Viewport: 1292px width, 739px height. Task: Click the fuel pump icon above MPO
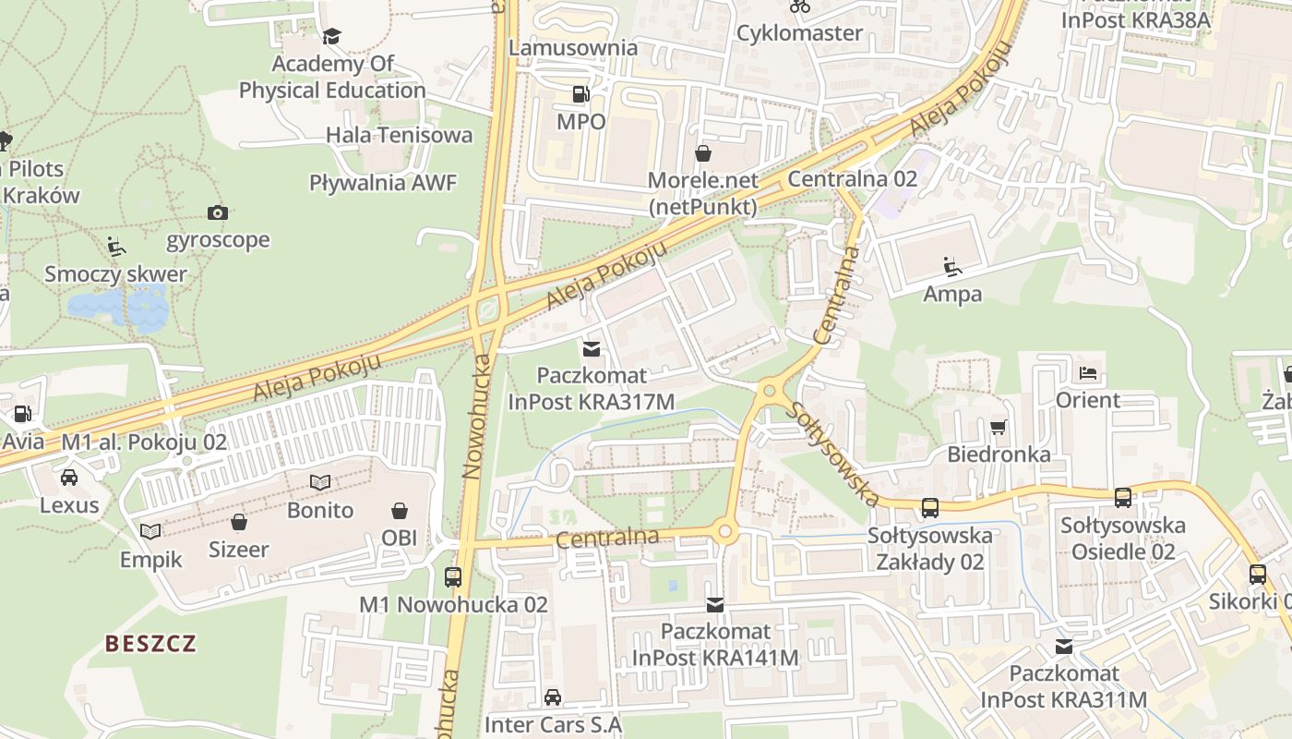coord(580,93)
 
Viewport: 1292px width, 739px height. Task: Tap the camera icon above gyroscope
coord(218,213)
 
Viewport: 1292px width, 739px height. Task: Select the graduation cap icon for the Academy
coord(331,36)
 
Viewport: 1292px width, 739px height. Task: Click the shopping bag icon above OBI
coord(400,511)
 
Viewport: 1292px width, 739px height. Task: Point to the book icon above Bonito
coord(320,482)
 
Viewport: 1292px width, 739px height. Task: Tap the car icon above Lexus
coord(69,478)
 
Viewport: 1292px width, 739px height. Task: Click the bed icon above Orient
coord(1088,373)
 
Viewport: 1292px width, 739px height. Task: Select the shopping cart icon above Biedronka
coord(998,427)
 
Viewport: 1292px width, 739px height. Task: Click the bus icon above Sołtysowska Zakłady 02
coord(929,507)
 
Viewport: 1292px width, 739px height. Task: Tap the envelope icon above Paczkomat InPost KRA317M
coord(592,349)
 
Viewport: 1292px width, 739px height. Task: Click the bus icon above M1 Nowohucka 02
coord(453,577)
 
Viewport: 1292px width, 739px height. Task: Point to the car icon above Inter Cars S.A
coord(553,697)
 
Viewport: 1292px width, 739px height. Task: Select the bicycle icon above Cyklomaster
coord(800,6)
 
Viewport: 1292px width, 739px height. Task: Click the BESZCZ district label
coord(150,643)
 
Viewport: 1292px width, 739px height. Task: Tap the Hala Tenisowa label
coord(399,135)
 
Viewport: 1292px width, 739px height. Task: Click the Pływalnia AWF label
coord(383,182)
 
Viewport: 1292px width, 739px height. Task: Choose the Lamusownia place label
coord(573,47)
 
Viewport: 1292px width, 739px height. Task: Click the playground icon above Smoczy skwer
coord(116,247)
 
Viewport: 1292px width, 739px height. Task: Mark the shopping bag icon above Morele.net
coord(703,152)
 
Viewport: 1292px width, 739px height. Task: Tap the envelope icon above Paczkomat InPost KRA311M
coord(1064,646)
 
